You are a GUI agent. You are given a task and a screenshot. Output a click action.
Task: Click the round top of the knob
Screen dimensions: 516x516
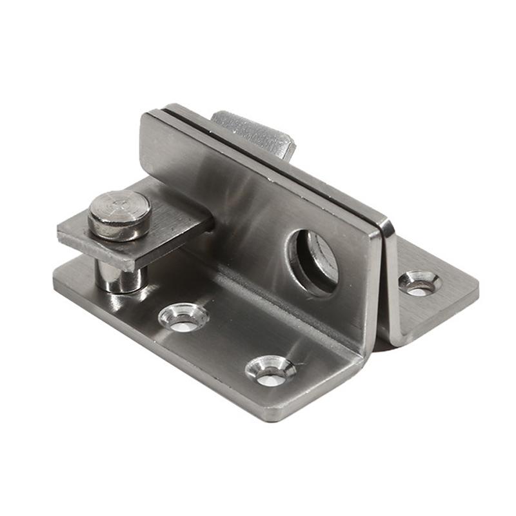point(119,208)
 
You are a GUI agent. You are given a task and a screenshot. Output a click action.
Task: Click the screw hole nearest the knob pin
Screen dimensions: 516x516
point(184,317)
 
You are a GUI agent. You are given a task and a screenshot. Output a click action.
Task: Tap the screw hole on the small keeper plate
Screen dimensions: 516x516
point(419,283)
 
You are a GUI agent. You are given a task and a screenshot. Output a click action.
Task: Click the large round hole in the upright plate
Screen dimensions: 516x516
point(313,258)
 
